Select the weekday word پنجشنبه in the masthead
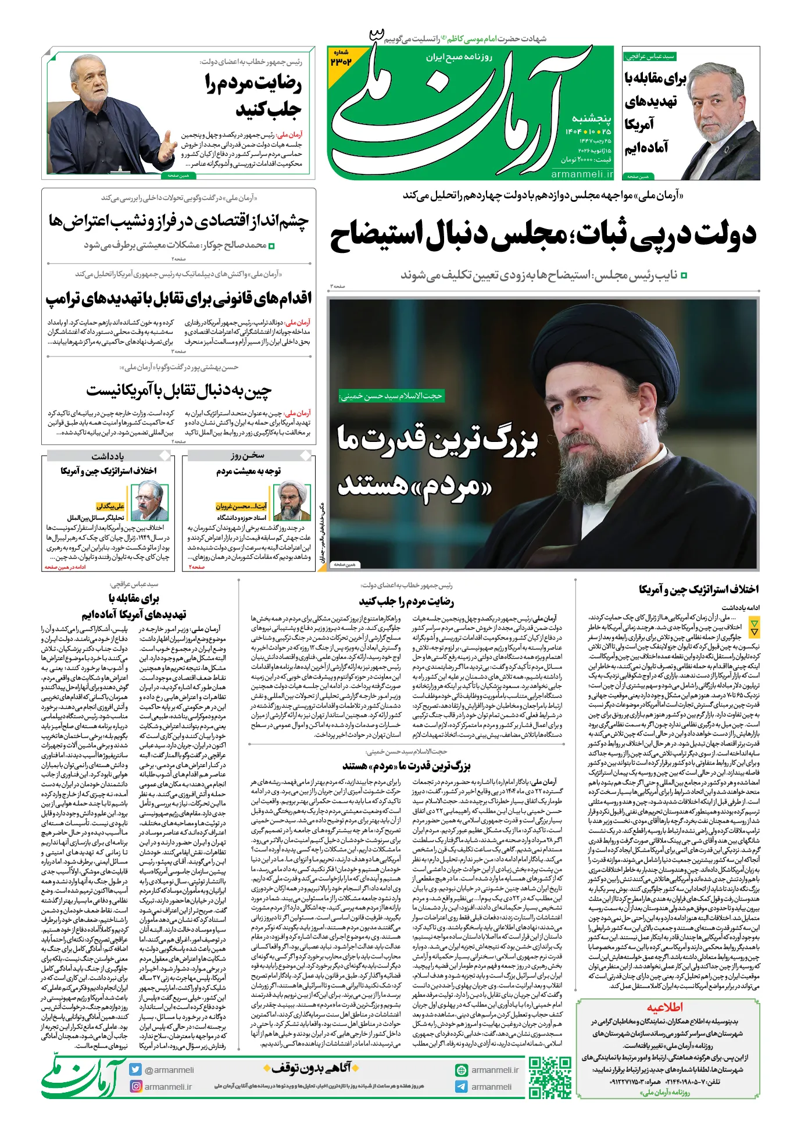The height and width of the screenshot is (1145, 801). [592, 119]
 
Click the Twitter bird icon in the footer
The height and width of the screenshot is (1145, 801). [136, 1069]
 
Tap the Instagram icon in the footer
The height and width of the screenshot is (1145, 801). [136, 1086]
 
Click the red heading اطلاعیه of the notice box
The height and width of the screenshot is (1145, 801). [664, 1007]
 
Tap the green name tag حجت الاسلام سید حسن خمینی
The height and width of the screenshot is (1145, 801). [391, 396]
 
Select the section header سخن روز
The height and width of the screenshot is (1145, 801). [247, 455]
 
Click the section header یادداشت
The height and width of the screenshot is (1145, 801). [108, 455]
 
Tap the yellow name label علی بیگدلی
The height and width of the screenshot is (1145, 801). [110, 506]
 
